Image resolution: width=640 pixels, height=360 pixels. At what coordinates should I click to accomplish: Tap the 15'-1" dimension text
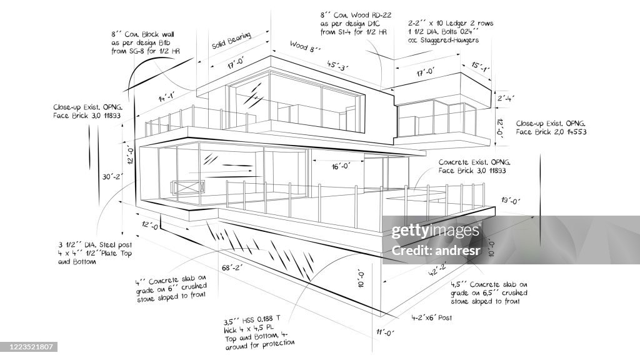click(x=480, y=67)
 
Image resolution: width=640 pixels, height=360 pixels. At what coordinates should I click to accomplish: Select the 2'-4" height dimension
click(x=505, y=97)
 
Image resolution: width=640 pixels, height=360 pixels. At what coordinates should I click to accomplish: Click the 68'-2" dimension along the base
click(x=233, y=268)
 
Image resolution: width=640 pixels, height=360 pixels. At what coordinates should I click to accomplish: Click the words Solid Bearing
click(x=231, y=41)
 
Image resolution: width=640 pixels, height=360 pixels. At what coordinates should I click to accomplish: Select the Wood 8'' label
click(x=305, y=46)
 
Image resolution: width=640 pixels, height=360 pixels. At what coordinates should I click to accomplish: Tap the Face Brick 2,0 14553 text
click(x=551, y=132)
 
